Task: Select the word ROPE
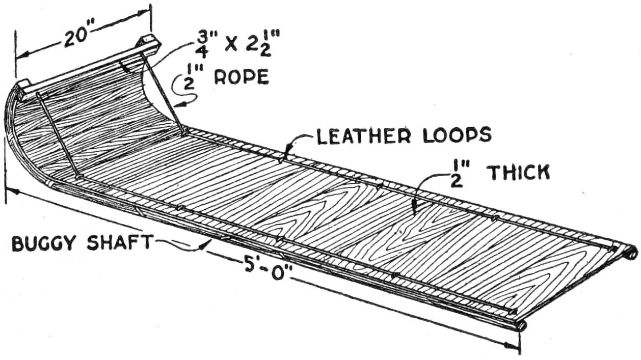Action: (x=241, y=77)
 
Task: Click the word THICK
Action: (x=520, y=174)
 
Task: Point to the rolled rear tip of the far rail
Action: (x=631, y=251)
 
